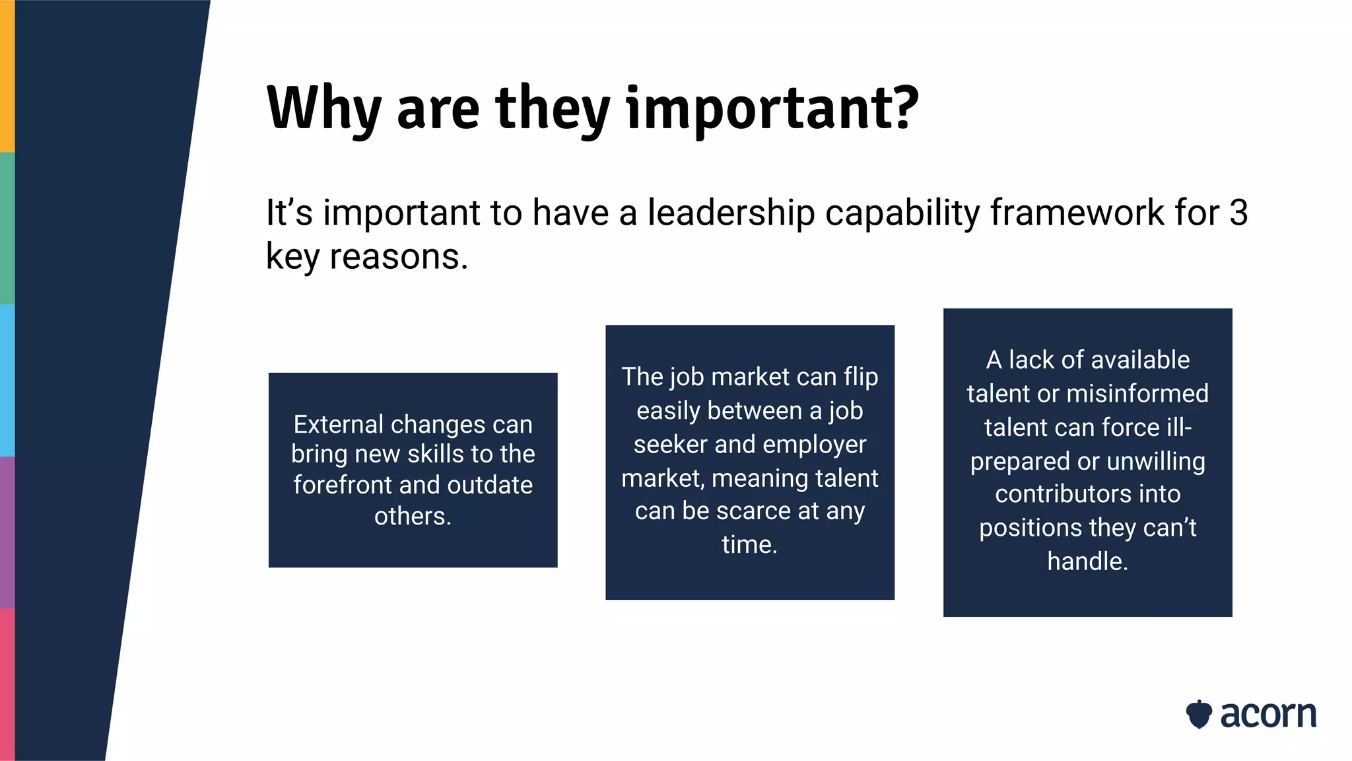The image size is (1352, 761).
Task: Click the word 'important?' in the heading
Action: [x=772, y=109]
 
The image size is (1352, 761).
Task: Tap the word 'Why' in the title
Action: [x=323, y=109]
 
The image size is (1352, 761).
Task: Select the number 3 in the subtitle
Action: [x=1238, y=213]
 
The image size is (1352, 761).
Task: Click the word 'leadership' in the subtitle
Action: [x=731, y=213]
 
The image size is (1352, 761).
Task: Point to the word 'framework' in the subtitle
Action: [x=1077, y=213]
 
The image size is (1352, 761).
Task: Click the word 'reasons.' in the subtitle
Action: [x=399, y=256]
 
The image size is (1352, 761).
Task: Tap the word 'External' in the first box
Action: [x=337, y=424]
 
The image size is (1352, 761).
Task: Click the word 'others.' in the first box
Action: [x=413, y=516]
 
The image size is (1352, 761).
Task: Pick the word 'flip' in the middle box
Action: [x=861, y=377]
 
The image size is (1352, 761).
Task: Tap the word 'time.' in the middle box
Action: [x=749, y=544]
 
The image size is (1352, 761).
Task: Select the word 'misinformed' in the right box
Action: [x=1137, y=394]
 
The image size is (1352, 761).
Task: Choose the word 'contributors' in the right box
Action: [x=1087, y=494]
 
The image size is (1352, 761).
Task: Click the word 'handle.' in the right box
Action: [x=1087, y=562]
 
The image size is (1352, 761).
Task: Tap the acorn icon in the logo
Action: [x=1199, y=714]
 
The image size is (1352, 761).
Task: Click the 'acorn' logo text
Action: [x=1267, y=715]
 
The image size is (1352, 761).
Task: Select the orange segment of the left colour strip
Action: [x=7, y=76]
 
